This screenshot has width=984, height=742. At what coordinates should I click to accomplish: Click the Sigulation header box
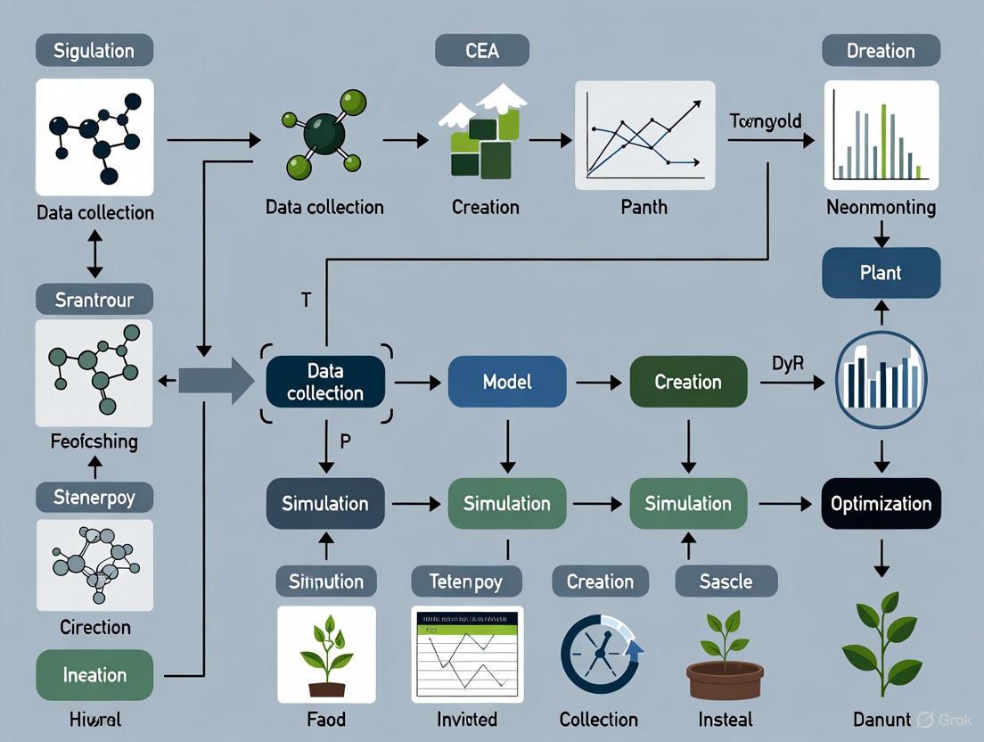(94, 50)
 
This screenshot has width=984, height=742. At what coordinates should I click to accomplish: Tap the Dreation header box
(881, 50)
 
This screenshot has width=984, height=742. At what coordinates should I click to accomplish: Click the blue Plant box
(881, 272)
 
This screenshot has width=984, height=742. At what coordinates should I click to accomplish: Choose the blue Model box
(506, 382)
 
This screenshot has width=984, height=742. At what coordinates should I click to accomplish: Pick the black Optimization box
(881, 504)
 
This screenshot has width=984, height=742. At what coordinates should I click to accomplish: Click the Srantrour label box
(94, 299)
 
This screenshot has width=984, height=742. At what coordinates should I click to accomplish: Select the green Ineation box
(94, 675)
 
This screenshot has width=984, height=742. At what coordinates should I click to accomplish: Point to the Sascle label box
(726, 581)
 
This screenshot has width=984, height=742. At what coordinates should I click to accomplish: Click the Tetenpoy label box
(466, 581)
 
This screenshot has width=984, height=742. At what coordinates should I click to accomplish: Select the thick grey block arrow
(217, 382)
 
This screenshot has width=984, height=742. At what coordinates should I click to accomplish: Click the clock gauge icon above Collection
(598, 655)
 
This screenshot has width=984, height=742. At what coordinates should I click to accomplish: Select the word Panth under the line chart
(644, 207)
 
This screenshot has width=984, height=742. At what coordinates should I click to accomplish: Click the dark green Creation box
(687, 382)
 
